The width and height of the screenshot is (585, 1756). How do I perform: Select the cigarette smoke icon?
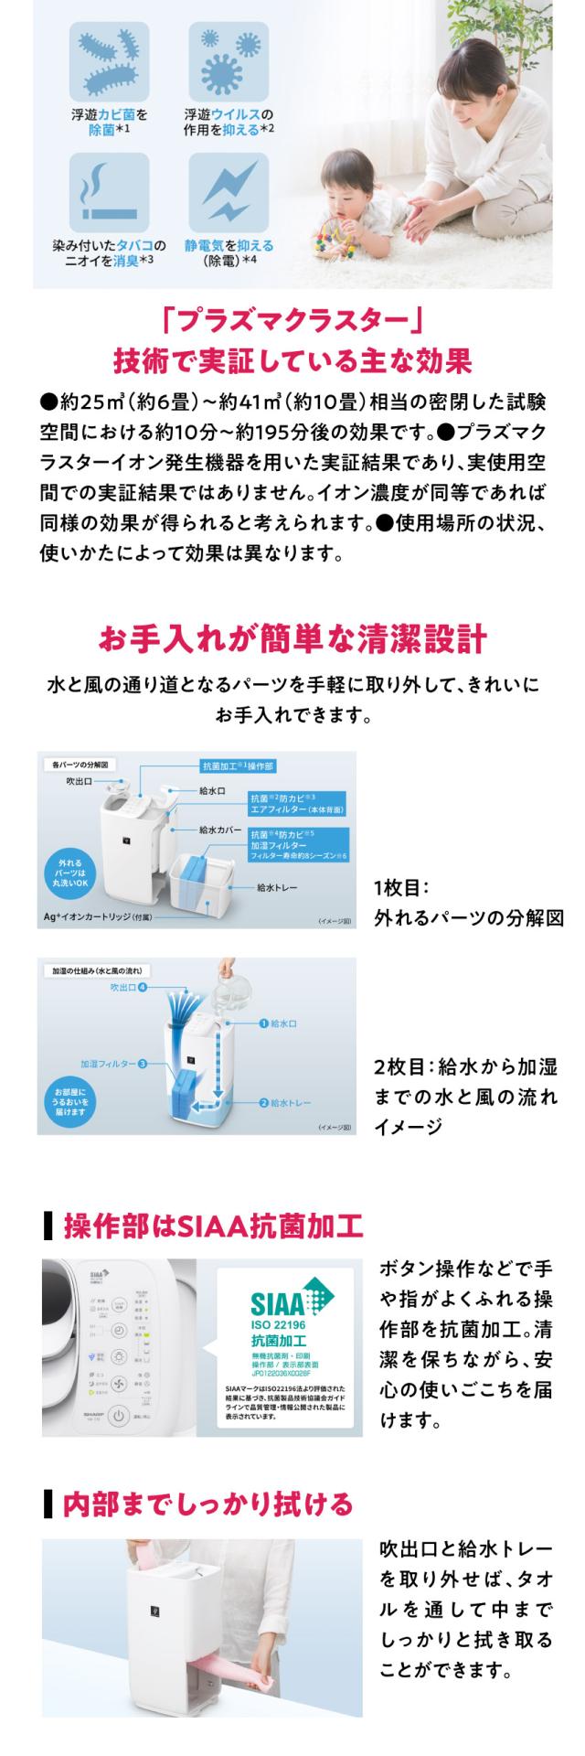pyautogui.click(x=109, y=193)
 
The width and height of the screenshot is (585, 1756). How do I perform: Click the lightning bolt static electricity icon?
pyautogui.click(x=228, y=193)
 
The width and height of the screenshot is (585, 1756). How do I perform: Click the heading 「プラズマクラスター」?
pyautogui.click(x=292, y=322)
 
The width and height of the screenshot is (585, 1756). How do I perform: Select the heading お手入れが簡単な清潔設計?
pyautogui.click(x=292, y=639)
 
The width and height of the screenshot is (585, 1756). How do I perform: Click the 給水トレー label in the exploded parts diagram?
pyautogui.click(x=277, y=887)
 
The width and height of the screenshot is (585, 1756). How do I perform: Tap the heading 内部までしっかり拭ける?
pyautogui.click(x=206, y=1504)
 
